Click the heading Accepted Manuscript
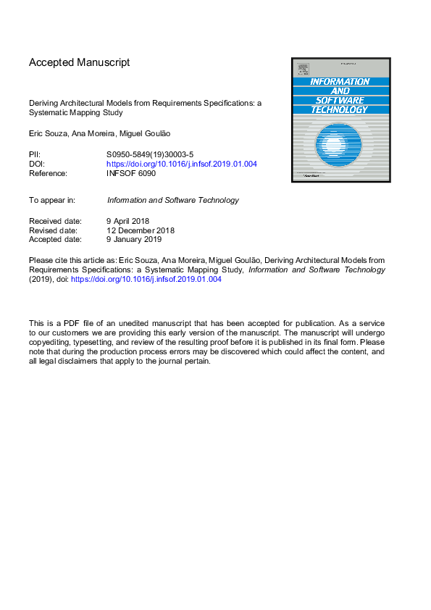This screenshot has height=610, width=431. click(79, 63)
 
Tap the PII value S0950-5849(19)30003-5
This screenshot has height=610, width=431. click(150, 155)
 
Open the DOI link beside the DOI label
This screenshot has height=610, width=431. click(181, 164)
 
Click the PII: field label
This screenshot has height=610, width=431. click(35, 155)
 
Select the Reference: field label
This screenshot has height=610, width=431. click(48, 174)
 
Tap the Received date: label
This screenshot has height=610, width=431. click(55, 220)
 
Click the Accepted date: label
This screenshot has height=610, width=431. click(55, 240)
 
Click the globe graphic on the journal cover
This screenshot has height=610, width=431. click(340, 146)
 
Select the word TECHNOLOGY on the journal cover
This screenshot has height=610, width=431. click(340, 109)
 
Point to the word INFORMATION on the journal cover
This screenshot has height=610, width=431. click(340, 82)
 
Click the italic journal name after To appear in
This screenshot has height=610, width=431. click(172, 200)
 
